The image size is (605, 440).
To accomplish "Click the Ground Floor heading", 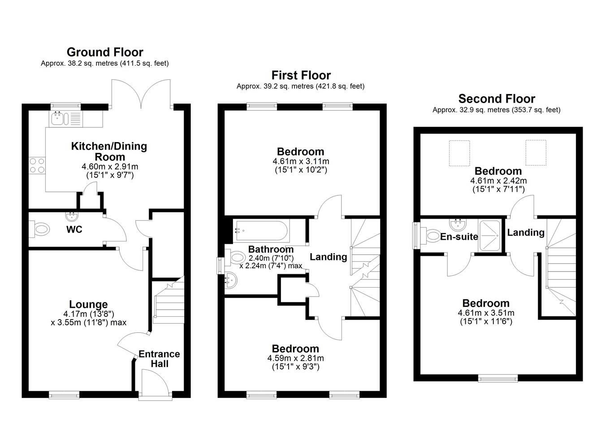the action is [105, 52].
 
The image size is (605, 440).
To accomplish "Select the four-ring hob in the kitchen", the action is [37, 165].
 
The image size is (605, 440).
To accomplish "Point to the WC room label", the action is [74, 229].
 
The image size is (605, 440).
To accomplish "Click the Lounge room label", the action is [88, 304].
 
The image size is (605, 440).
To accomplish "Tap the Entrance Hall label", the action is [160, 359].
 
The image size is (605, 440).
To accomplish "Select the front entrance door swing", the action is [155, 380].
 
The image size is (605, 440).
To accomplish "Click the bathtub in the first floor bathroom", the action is [261, 230].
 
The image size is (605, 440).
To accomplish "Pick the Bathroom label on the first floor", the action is [271, 249].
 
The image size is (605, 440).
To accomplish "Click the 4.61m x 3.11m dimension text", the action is [301, 161].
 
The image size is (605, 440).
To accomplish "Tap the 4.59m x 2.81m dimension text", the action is [295, 358].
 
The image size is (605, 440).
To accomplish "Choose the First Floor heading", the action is [301, 75].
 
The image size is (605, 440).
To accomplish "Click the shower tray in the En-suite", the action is [490, 236].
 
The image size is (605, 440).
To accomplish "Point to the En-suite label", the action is [459, 237].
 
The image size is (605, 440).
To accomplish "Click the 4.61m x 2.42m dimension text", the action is [499, 181].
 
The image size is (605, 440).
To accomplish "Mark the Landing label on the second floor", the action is [526, 233].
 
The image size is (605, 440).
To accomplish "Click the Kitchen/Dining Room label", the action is [109, 151].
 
